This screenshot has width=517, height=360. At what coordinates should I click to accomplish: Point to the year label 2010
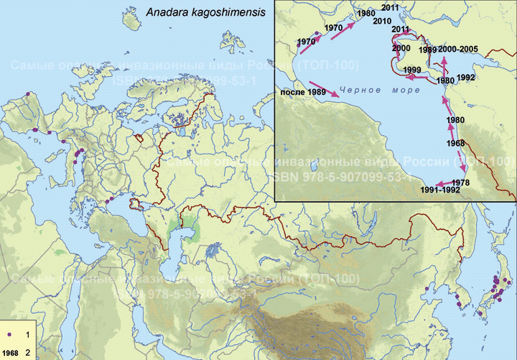click(382, 21)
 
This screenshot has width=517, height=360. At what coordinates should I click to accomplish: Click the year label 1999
click(412, 70)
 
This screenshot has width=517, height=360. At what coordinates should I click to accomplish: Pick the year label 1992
click(465, 77)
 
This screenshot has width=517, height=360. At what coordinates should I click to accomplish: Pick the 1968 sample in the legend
click(11, 353)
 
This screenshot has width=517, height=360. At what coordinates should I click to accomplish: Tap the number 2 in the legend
click(27, 353)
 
